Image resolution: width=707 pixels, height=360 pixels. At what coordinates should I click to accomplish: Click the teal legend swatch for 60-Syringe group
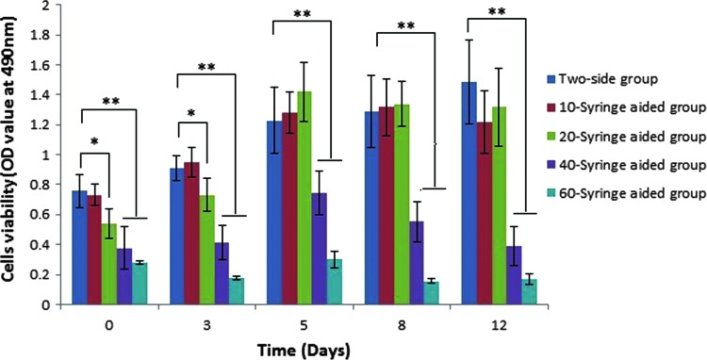(552, 193)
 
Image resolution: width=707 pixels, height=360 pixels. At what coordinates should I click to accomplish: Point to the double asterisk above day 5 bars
(303, 15)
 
